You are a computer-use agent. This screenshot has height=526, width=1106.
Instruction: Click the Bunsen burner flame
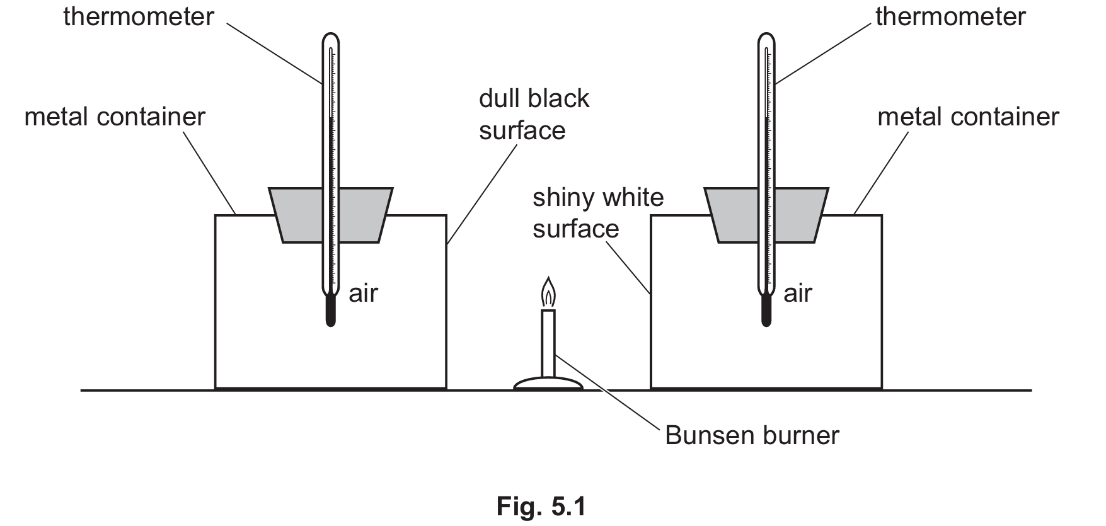pyautogui.click(x=549, y=293)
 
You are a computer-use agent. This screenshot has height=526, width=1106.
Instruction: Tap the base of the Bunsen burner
pyautogui.click(x=548, y=384)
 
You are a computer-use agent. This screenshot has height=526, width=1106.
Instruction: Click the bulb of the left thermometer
pyautogui.click(x=330, y=311)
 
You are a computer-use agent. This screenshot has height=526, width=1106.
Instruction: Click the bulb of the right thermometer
pyautogui.click(x=766, y=311)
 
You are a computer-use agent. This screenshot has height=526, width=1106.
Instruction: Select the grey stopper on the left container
pyautogui.click(x=296, y=215)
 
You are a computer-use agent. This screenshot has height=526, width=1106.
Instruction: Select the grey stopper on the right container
pyautogui.click(x=731, y=215)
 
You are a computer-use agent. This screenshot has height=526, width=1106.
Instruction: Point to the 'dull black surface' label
pyautogui.click(x=533, y=115)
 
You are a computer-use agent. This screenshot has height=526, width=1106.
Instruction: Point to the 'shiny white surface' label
pyautogui.click(x=597, y=213)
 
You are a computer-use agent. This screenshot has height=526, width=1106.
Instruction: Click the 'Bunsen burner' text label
pyautogui.click(x=752, y=435)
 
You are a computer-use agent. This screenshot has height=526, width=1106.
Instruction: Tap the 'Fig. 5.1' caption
pyautogui.click(x=541, y=506)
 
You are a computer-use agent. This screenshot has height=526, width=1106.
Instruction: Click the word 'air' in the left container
pyautogui.click(x=363, y=293)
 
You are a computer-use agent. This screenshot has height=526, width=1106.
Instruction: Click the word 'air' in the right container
pyautogui.click(x=798, y=293)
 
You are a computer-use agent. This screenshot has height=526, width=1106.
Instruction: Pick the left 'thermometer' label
pyautogui.click(x=139, y=17)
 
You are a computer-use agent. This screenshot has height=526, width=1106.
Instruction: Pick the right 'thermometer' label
pyautogui.click(x=950, y=17)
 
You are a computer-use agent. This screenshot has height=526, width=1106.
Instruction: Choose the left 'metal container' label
pyautogui.click(x=115, y=117)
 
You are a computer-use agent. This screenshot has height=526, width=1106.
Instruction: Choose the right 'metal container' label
pyautogui.click(x=968, y=117)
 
